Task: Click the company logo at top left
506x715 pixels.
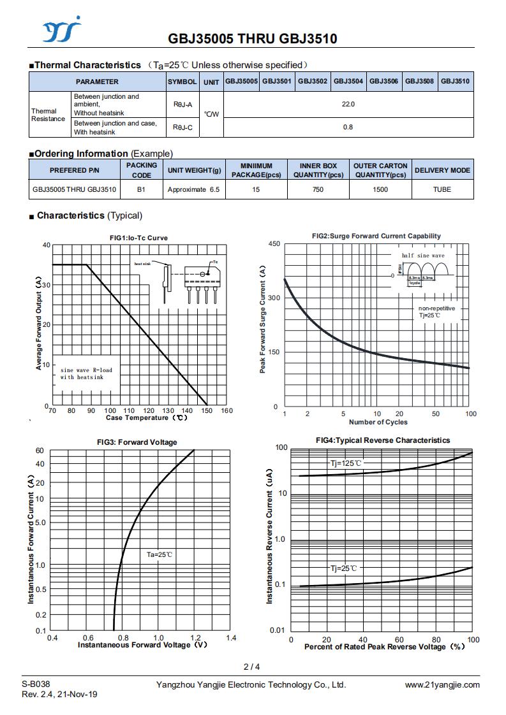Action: point(62,30)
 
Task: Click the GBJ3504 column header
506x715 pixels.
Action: point(348,82)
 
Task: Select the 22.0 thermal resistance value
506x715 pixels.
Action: point(348,105)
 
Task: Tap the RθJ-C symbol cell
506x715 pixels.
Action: point(182,127)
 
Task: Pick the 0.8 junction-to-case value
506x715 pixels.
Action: point(348,127)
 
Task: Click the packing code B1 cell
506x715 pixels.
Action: point(141,189)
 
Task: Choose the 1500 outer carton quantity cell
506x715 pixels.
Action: point(380,189)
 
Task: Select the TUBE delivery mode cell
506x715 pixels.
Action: point(442,189)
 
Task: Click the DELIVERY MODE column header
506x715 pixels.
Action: point(442,170)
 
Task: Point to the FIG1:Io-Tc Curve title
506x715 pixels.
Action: point(139,238)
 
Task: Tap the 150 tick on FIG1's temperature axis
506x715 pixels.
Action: point(207,410)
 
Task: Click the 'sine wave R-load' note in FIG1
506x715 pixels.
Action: point(86,370)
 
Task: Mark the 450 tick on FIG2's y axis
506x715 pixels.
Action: point(274,244)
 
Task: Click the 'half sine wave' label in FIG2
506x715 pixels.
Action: point(423,256)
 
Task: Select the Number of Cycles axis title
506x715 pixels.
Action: point(378,422)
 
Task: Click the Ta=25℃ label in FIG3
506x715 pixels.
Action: point(160,555)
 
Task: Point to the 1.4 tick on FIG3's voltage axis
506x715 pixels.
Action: point(231,638)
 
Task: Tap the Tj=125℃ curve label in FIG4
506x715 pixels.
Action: point(346,463)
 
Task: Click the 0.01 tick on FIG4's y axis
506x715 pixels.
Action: point(277,631)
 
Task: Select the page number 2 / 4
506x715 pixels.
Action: point(251,667)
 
